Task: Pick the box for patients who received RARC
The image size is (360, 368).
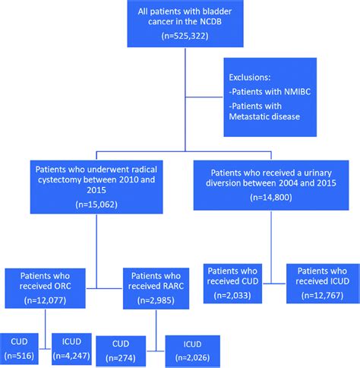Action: point(156,287)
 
